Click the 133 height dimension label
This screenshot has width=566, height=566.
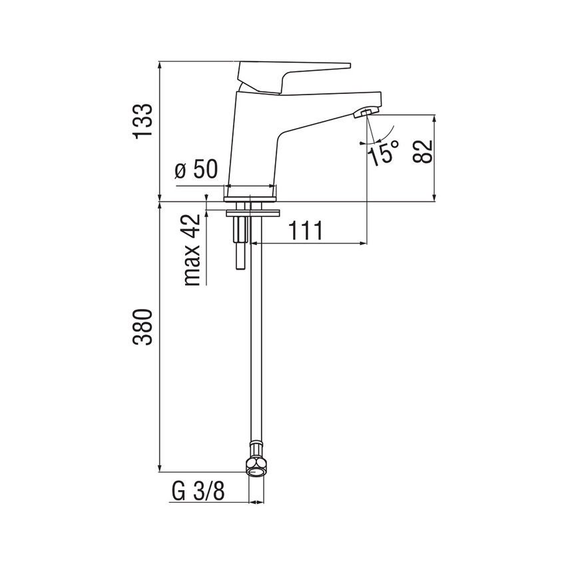click(x=143, y=121)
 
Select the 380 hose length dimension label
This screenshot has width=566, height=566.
click(x=143, y=326)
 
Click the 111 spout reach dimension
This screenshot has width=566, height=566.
click(x=305, y=231)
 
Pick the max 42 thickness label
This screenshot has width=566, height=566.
click(x=192, y=250)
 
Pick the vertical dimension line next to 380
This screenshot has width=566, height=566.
click(x=160, y=333)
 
